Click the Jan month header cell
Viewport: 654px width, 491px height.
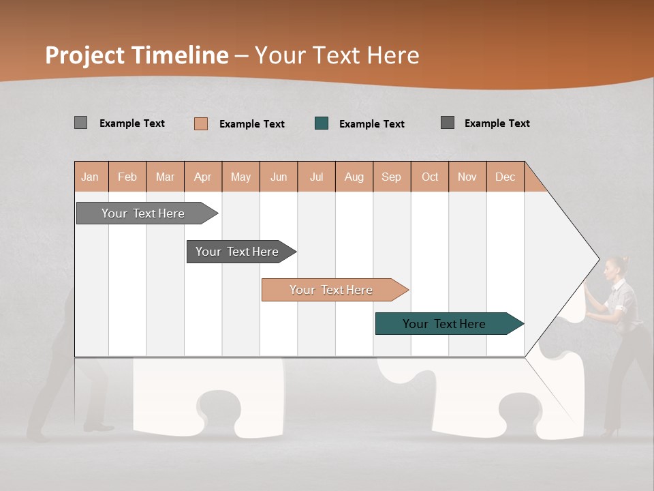[x=91, y=177]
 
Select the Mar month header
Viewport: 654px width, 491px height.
[x=165, y=177]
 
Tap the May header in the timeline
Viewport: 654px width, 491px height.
[x=240, y=177]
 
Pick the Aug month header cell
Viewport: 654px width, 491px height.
[x=354, y=177]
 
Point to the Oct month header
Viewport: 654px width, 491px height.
[x=429, y=177]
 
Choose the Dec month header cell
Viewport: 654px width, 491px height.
[x=505, y=177]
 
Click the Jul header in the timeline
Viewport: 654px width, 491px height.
[x=316, y=177]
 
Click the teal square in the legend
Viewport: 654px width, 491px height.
[x=322, y=123]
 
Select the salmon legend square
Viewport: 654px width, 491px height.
[x=201, y=123]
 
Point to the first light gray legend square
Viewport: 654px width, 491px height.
[x=80, y=123]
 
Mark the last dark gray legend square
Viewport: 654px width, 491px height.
[x=448, y=123]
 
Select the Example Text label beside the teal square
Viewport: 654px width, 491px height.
[x=371, y=124]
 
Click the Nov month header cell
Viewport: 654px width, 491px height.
[x=467, y=177]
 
